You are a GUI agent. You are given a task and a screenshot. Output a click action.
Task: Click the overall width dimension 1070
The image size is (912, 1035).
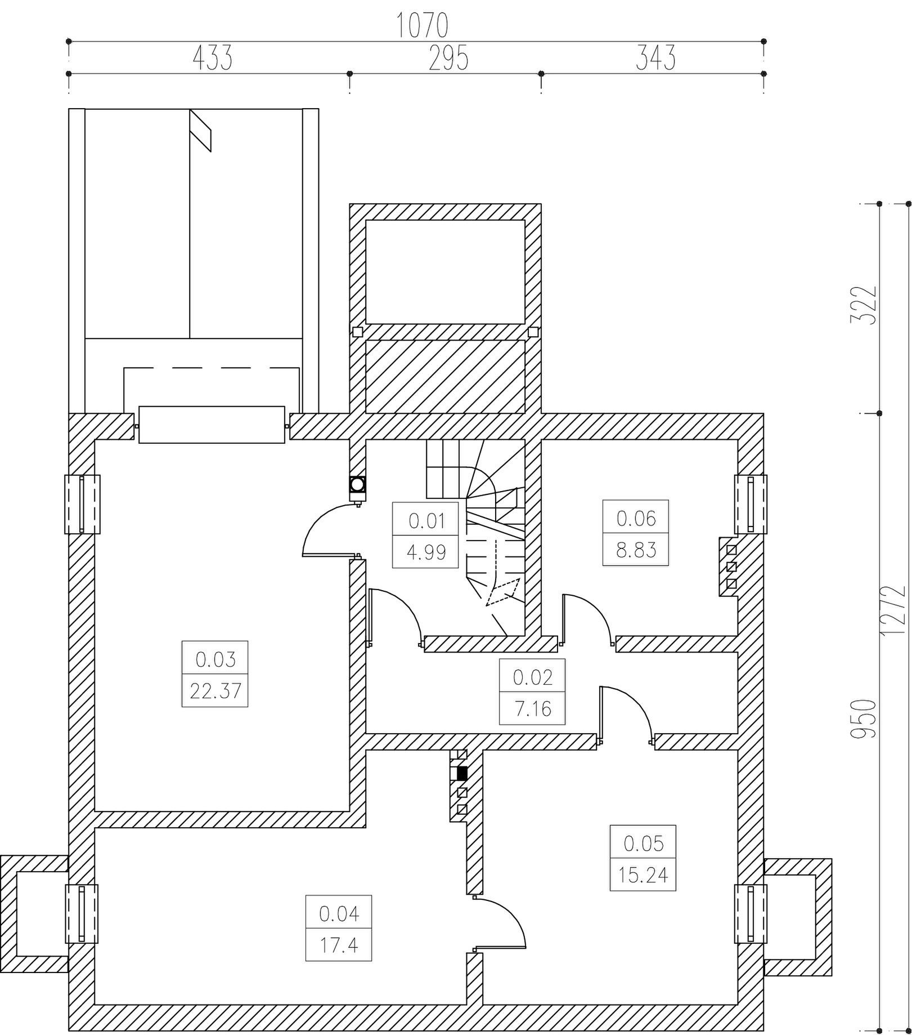point(422,25)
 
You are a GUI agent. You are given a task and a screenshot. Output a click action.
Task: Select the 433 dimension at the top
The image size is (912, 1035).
point(213,58)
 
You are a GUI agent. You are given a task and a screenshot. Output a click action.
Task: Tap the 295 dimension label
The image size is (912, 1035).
point(448,58)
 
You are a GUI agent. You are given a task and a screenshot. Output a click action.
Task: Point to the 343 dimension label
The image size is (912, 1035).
point(655,58)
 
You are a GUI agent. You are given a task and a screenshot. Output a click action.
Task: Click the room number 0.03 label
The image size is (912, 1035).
point(215,659)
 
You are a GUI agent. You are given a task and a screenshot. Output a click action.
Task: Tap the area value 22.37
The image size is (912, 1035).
point(215,690)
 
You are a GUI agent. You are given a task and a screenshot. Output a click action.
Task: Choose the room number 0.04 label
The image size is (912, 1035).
point(339,913)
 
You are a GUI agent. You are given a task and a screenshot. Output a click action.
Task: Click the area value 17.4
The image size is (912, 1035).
point(339,945)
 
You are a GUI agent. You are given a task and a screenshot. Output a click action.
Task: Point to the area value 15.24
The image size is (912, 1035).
point(643,875)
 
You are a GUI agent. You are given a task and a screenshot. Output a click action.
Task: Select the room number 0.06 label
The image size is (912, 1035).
point(636,518)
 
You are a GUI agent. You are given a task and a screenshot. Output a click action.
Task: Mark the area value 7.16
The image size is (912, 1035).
point(533,708)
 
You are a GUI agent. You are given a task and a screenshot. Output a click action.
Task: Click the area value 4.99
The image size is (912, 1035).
point(426,552)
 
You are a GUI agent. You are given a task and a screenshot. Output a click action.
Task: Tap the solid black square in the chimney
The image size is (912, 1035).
point(462,773)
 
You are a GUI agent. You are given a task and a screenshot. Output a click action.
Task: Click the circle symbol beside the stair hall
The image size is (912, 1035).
point(357,484)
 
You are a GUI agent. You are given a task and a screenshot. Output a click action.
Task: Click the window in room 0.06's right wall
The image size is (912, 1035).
point(751,504)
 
